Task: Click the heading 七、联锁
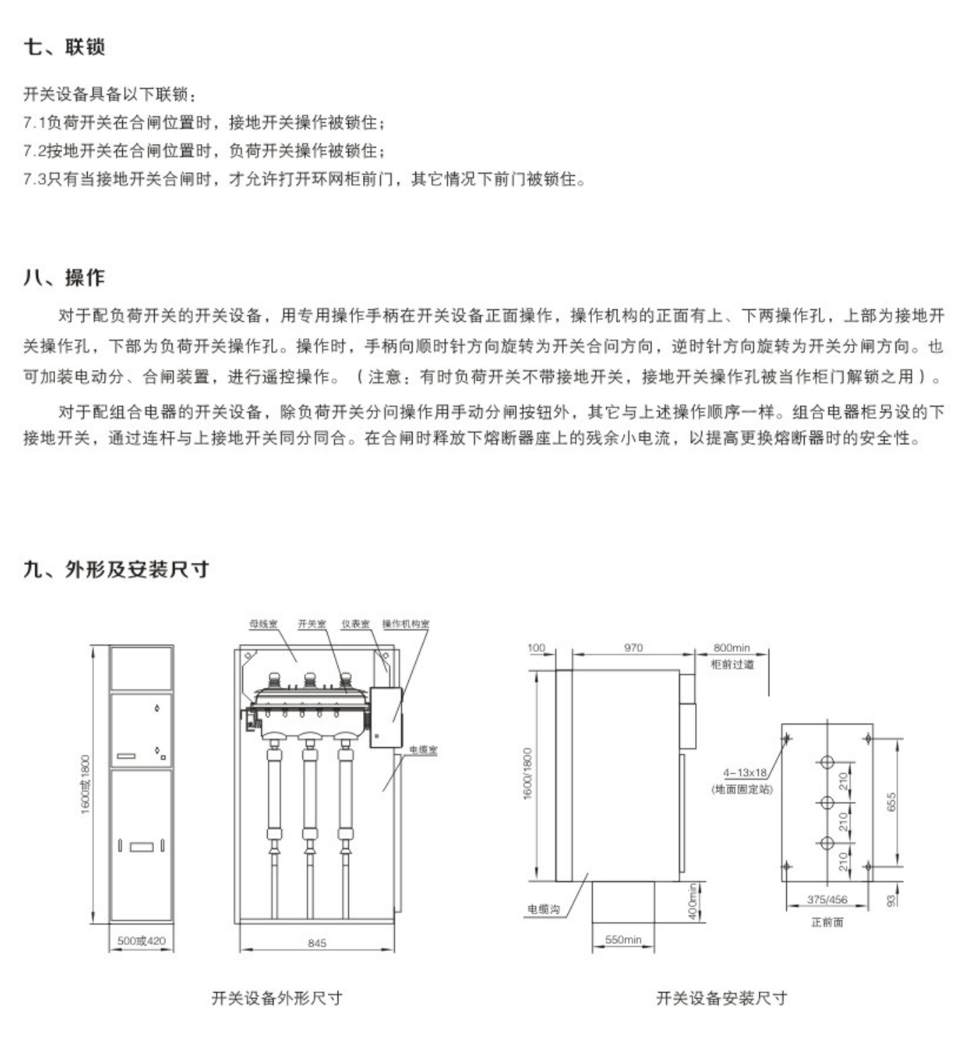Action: point(64,47)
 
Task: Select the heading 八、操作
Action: point(64,277)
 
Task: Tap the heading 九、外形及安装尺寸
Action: point(116,569)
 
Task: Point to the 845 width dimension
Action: point(317,943)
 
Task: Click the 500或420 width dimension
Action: point(141,940)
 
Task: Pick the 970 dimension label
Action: point(634,647)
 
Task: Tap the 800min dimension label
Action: point(732,647)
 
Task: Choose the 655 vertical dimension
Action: point(891,802)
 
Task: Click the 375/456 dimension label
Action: point(827,900)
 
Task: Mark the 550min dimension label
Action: point(623,940)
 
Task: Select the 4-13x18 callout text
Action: point(745,773)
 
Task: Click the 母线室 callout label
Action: point(263,624)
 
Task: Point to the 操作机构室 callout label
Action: point(405,624)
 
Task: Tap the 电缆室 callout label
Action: point(423,751)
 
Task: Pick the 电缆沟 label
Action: point(543,909)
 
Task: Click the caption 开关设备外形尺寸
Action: point(277,998)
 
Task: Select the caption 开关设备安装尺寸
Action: point(721,998)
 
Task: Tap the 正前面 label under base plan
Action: point(827,922)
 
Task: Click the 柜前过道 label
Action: point(733,664)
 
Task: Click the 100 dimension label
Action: point(537,647)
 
